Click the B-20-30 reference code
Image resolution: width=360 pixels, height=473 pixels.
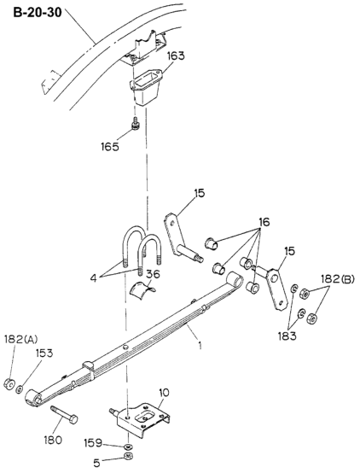[x=38, y=12]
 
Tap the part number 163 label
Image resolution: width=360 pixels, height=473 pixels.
[x=176, y=55]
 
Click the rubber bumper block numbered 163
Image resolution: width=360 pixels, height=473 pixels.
[x=146, y=86]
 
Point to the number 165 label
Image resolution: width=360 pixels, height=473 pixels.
[x=110, y=147]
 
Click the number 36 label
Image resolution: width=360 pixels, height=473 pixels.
[x=154, y=274]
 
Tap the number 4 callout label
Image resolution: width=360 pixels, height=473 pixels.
[x=94, y=278]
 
